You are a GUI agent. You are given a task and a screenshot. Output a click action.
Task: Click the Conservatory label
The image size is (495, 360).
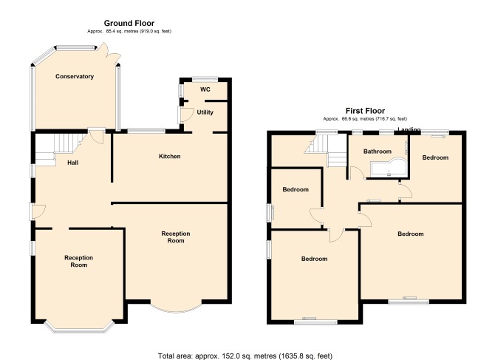click(x=75, y=76)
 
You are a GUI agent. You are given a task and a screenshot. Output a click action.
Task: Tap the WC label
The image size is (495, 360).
click(x=205, y=89)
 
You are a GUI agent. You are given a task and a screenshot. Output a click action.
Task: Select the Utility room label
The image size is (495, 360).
click(x=205, y=112)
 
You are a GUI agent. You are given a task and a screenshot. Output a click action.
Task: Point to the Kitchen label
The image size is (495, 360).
click(x=169, y=156)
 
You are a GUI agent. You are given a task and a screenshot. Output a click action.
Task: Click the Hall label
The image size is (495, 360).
click(x=73, y=163)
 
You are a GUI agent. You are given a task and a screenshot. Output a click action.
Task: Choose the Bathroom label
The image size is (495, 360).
click(x=378, y=152)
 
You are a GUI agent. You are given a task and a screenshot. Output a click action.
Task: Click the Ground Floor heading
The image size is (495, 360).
click(x=129, y=23)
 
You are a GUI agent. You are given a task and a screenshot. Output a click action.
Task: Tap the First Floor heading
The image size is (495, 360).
click(x=365, y=111)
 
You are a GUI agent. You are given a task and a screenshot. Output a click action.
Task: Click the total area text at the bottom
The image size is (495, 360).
click(x=245, y=356)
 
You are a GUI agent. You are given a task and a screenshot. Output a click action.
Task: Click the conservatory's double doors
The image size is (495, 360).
click(x=109, y=52)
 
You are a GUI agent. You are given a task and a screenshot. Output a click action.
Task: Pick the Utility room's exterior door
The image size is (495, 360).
click(x=186, y=115)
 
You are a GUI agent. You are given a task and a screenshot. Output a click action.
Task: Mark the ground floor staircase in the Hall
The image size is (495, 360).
click(x=61, y=149)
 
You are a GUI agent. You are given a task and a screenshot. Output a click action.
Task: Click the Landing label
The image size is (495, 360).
click(x=409, y=129)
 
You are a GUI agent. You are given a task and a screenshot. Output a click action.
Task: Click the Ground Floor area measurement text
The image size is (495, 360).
click(x=129, y=31)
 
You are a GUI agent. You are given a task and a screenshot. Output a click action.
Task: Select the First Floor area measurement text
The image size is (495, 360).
click(x=365, y=119)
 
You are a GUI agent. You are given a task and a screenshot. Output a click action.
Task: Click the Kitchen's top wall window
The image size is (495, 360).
click(x=146, y=130)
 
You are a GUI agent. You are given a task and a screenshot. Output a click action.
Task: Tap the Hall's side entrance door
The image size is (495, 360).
click(x=37, y=211)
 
